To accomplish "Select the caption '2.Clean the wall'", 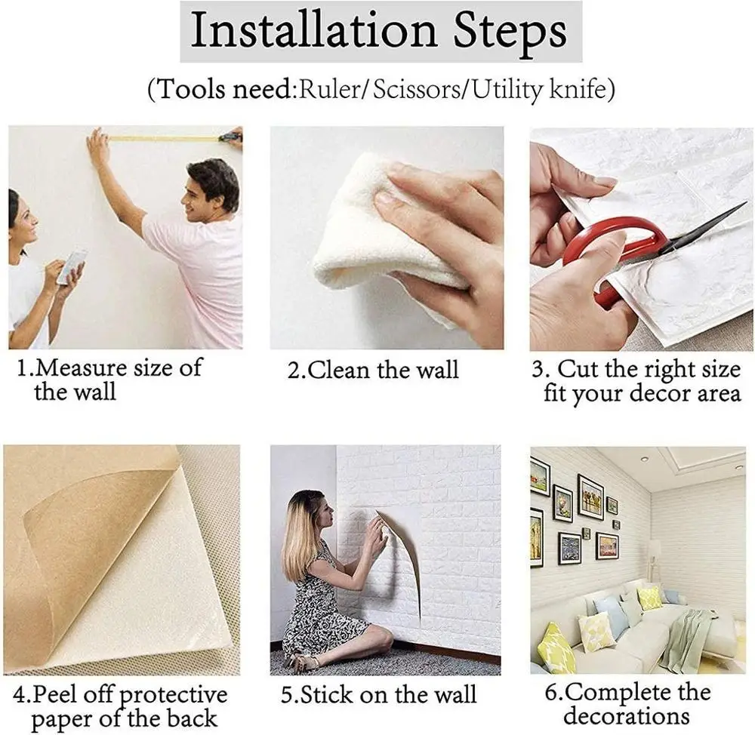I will tap(373, 370).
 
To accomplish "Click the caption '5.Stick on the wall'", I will tap(378, 694).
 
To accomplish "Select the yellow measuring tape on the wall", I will tap(166, 138).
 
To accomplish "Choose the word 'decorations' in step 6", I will tap(626, 715).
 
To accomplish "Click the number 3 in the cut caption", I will tap(539, 370).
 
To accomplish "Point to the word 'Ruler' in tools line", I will tap(328, 90).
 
